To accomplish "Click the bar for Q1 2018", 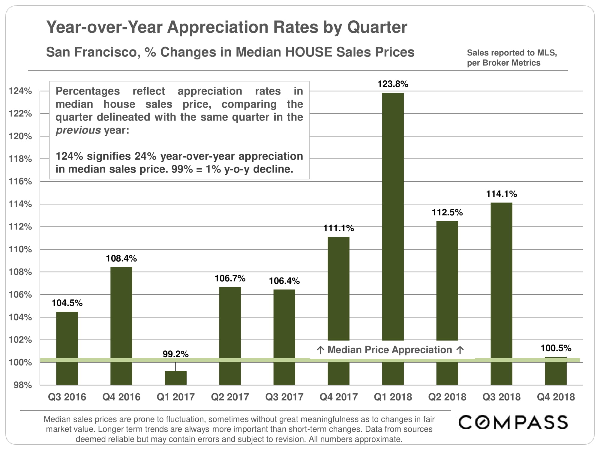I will click(x=393, y=216).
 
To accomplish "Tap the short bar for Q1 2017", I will click(x=175, y=378).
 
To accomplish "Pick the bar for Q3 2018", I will click(x=501, y=279).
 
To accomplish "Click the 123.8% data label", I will click(x=393, y=84).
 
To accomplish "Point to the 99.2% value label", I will click(x=175, y=354).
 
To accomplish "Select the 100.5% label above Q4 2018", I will click(x=556, y=348).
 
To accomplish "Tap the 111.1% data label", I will click(x=338, y=228).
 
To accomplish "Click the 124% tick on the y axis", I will click(x=20, y=91).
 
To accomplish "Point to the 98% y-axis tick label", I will click(x=22, y=385).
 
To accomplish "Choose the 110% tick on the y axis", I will click(x=20, y=249).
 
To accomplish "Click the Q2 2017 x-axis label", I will click(x=230, y=397).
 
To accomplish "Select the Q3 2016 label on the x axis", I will click(x=67, y=397).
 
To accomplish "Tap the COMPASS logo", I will click(x=513, y=422).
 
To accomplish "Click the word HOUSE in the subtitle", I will click(x=309, y=52).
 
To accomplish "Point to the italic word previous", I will click(x=78, y=130).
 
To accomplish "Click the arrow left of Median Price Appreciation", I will click(x=320, y=350).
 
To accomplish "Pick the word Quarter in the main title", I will click(x=377, y=27).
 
